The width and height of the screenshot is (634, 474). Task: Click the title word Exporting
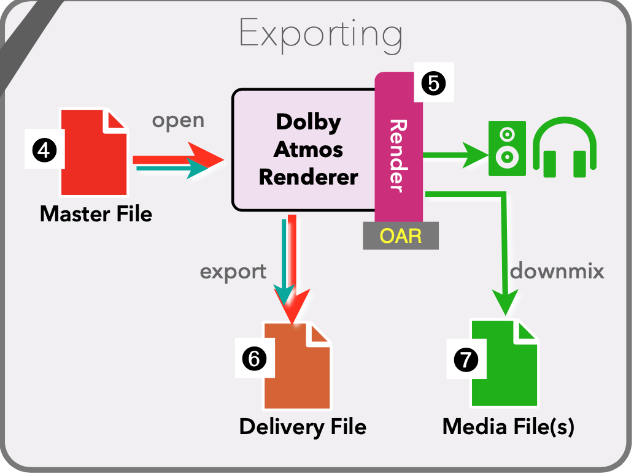click(x=320, y=34)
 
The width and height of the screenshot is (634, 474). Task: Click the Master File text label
click(x=96, y=214)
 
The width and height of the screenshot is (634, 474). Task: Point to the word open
click(x=178, y=121)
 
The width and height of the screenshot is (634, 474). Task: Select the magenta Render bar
click(x=399, y=153)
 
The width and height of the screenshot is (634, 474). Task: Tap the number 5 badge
click(x=433, y=83)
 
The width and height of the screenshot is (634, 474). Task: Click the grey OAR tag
click(x=401, y=235)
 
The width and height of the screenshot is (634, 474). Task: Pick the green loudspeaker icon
click(x=507, y=148)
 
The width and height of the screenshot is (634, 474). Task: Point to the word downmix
click(x=557, y=270)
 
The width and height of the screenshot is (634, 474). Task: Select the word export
click(x=233, y=270)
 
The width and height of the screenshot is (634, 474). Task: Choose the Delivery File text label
click(x=303, y=427)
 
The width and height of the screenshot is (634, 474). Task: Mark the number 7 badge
click(x=466, y=359)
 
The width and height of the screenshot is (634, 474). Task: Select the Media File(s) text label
click(x=508, y=427)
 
